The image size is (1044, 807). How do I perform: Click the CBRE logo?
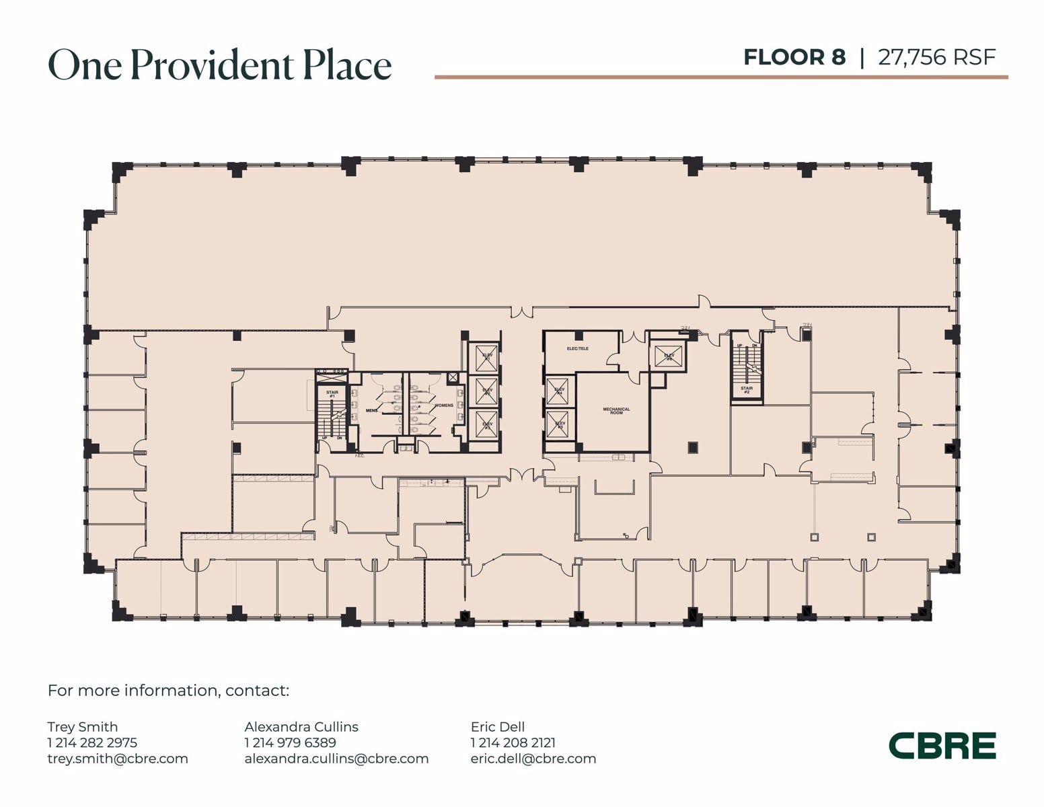pos(942,746)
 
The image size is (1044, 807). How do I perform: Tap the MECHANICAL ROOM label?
pos(616,410)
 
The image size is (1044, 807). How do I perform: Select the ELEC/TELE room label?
pos(577,348)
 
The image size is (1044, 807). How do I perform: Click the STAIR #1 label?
pos(332,393)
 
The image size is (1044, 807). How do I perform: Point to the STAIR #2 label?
pos(747,389)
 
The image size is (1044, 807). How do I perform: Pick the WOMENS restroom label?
pos(444,406)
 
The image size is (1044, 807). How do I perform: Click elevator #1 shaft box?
pos(486,357)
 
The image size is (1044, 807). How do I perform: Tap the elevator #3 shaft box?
pos(486,425)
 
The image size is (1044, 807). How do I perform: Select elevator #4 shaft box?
pos(559,390)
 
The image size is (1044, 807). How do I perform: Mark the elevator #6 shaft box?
pos(669,356)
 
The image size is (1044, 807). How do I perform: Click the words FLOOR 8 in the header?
pos(794,57)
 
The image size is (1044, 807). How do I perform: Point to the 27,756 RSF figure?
pos(936,57)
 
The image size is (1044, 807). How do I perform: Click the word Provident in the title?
pos(212,65)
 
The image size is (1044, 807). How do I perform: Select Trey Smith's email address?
pos(118,759)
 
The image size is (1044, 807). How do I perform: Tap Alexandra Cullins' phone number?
pos(290,742)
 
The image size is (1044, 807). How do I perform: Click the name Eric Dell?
pos(498,726)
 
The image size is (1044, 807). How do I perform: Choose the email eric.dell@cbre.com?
pos(533,759)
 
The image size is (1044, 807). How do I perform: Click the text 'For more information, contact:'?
pos(168,691)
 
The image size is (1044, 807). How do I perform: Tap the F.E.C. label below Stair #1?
pos(359,456)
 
